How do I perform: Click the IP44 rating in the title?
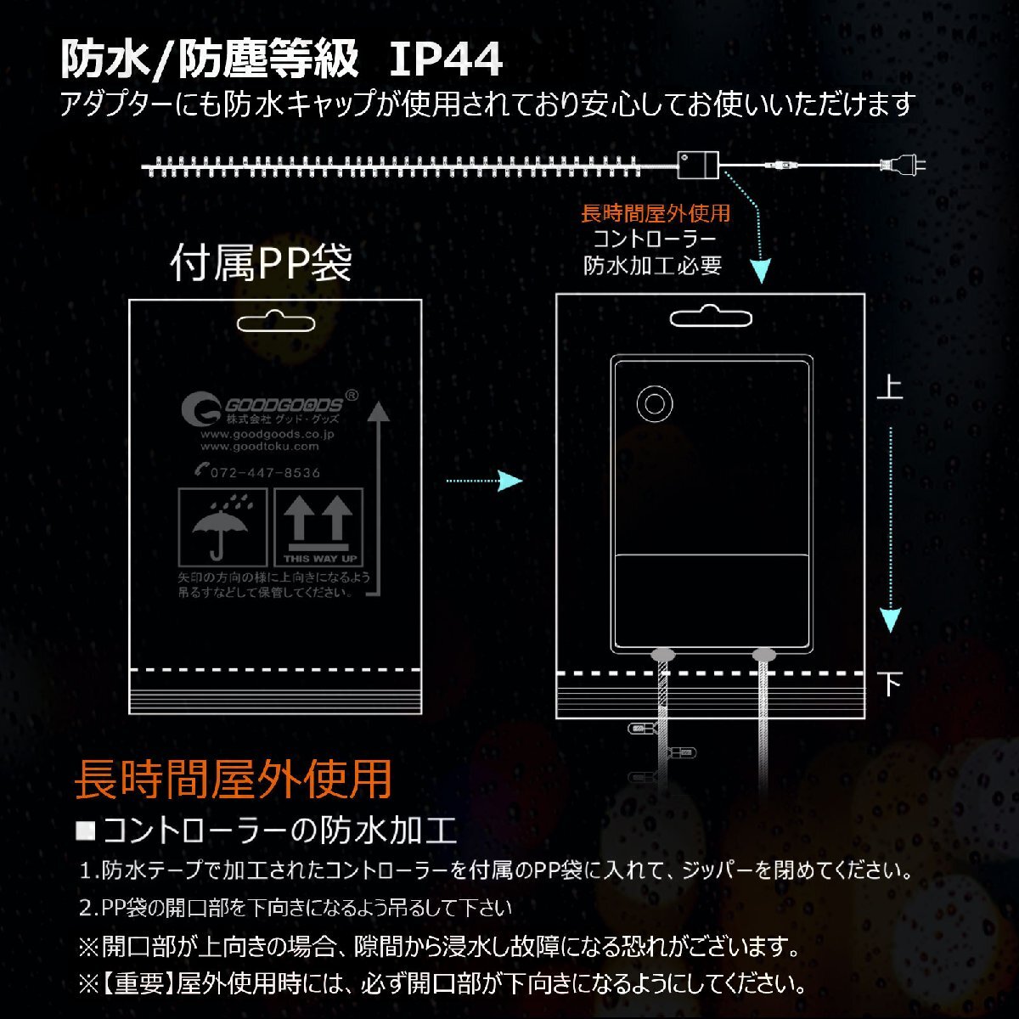pyautogui.click(x=446, y=59)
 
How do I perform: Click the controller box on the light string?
pyautogui.click(x=698, y=163)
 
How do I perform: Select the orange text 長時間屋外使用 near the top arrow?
pyautogui.click(x=655, y=213)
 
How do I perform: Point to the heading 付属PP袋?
pyautogui.click(x=262, y=262)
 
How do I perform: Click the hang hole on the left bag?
pyautogui.click(x=276, y=323)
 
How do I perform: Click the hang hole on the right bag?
pyautogui.click(x=711, y=319)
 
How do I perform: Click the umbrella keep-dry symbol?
pyautogui.click(x=222, y=526)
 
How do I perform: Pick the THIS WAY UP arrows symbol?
pyautogui.click(x=318, y=526)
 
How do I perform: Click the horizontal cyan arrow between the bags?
pyautogui.click(x=484, y=481)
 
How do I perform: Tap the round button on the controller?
pyautogui.click(x=653, y=403)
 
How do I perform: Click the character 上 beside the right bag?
pyautogui.click(x=889, y=388)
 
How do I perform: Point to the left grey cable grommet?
pyautogui.click(x=662, y=655)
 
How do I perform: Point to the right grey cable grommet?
pyautogui.click(x=764, y=655)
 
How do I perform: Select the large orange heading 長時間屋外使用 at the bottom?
pyautogui.click(x=233, y=778)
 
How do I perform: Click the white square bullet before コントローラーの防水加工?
pyautogui.click(x=86, y=830)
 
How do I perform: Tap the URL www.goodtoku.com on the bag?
pyautogui.click(x=260, y=446)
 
